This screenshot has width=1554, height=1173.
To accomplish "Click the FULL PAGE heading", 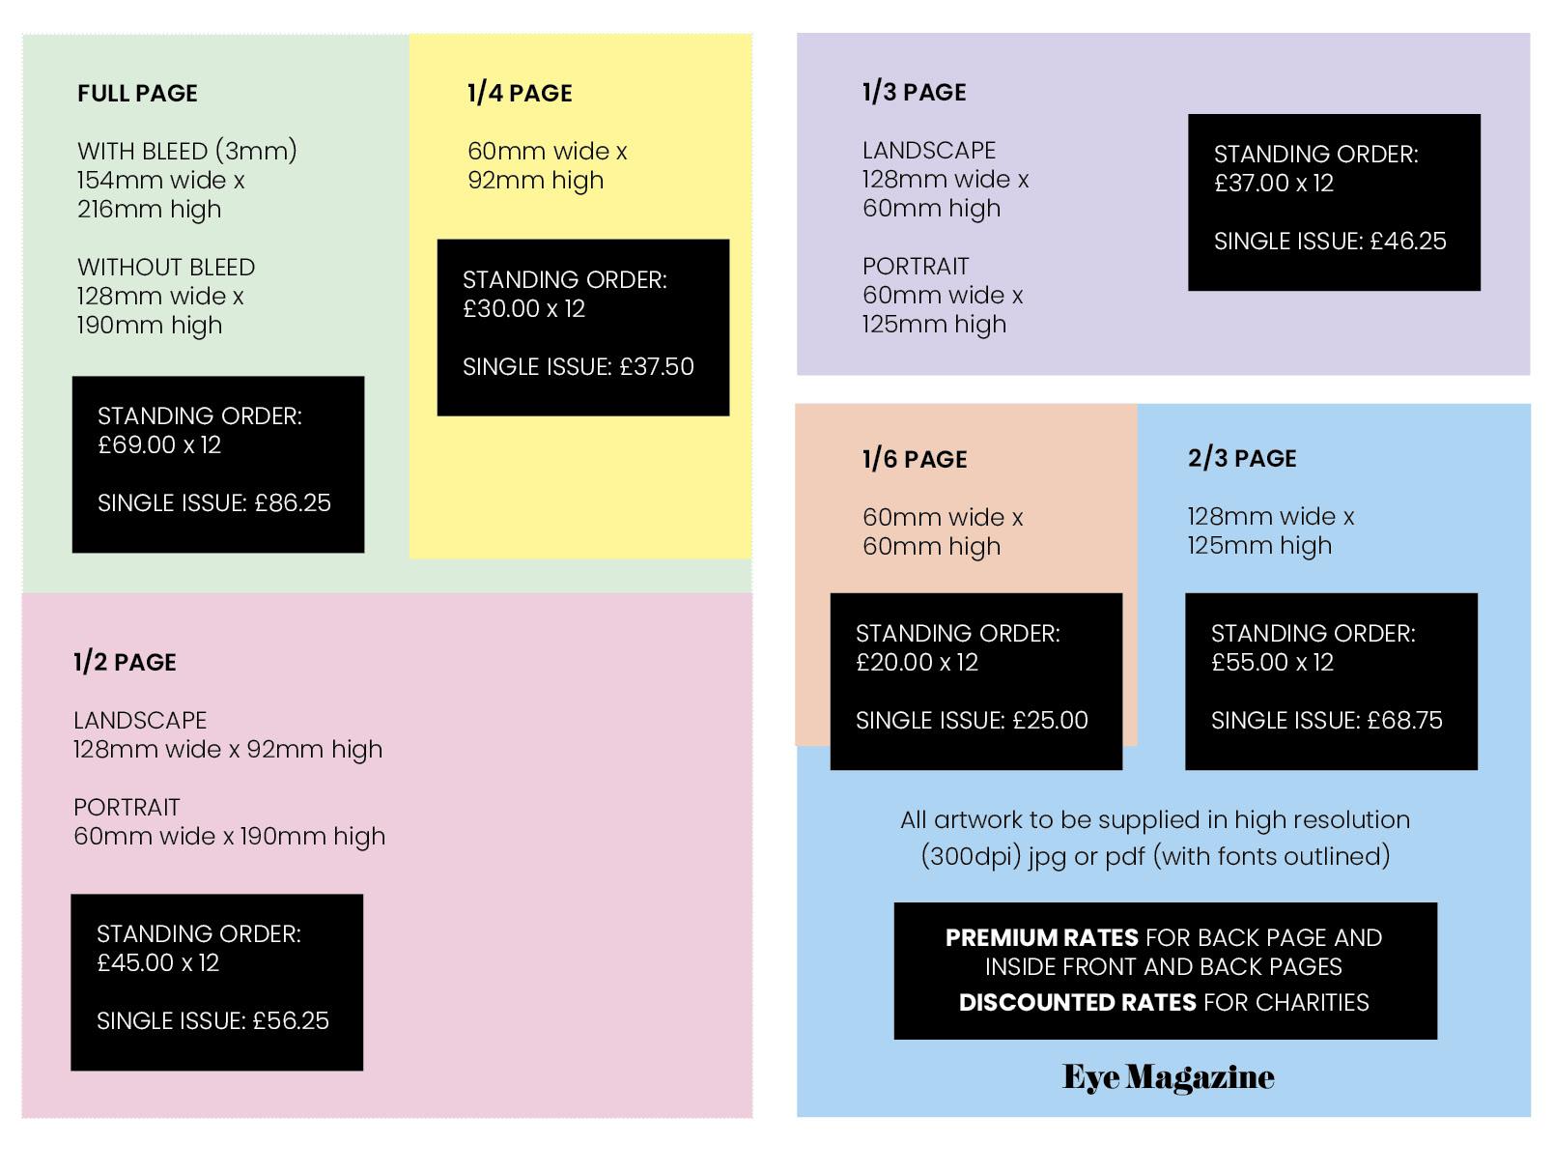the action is click(137, 94).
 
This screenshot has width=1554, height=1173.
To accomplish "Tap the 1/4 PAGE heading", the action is click(520, 94).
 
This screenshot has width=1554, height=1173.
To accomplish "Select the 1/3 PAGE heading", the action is click(914, 93).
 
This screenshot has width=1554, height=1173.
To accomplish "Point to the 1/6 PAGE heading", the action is click(914, 459).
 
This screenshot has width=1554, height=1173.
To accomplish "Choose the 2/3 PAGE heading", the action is click(1242, 458).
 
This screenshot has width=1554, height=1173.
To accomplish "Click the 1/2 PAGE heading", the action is click(125, 662).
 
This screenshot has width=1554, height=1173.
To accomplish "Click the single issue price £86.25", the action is click(293, 503).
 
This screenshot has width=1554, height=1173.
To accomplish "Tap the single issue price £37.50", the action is click(657, 367).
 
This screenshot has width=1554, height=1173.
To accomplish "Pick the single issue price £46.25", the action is click(1408, 242).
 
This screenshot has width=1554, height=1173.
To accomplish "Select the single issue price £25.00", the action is click(1050, 721).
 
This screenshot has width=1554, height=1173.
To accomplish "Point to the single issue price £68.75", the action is click(1404, 721).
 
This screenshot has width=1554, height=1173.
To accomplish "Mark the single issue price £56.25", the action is click(291, 1021).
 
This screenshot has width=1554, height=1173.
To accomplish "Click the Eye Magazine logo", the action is click(1168, 1077).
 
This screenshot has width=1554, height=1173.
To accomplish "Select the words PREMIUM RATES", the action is click(1041, 938).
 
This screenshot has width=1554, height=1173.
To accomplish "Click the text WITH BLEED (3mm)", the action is click(187, 152).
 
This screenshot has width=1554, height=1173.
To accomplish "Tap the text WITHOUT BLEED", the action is click(166, 268).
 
